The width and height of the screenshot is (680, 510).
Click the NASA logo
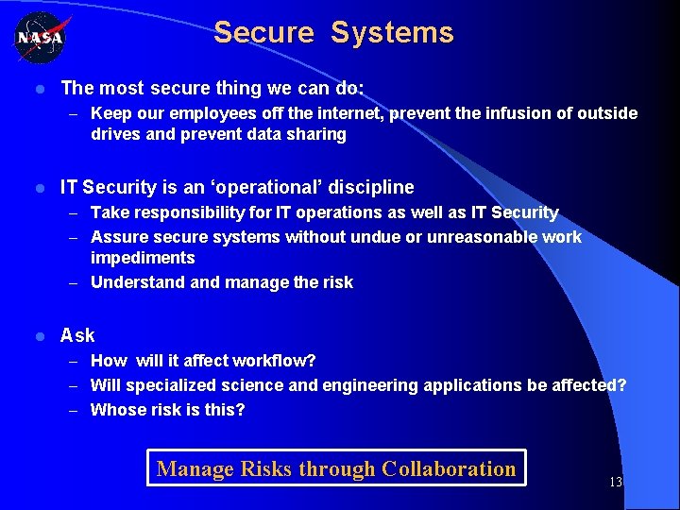click(x=39, y=39)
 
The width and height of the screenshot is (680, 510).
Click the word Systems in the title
click(x=392, y=33)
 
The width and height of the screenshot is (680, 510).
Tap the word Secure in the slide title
click(x=263, y=33)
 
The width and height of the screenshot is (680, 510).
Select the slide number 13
click(x=615, y=482)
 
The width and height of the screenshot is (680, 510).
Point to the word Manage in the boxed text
click(x=195, y=468)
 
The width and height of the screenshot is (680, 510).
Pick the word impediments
click(x=143, y=258)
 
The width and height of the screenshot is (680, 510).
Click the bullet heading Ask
click(x=77, y=335)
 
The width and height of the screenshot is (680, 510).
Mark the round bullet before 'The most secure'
click(x=39, y=89)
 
